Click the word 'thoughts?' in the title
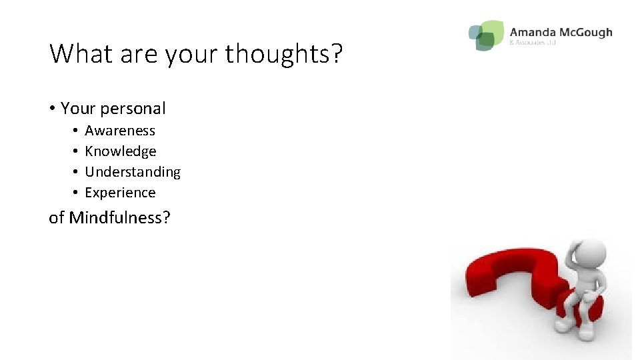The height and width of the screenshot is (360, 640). click(x=283, y=54)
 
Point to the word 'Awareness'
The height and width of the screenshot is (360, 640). click(x=120, y=131)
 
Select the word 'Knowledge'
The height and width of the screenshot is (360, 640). click(x=121, y=151)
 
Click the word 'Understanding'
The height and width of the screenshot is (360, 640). click(x=133, y=172)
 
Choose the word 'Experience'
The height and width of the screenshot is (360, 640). click(x=120, y=193)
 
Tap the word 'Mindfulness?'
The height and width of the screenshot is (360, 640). click(x=120, y=217)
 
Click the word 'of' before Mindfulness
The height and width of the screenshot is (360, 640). click(x=57, y=217)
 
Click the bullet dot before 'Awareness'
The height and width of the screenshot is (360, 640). click(x=76, y=131)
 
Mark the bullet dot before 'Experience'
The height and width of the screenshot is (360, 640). click(x=76, y=193)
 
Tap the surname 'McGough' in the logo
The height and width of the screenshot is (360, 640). click(x=587, y=32)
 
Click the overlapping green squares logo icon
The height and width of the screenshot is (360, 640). click(x=486, y=35)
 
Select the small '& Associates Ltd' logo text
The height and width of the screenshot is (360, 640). click(x=532, y=43)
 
